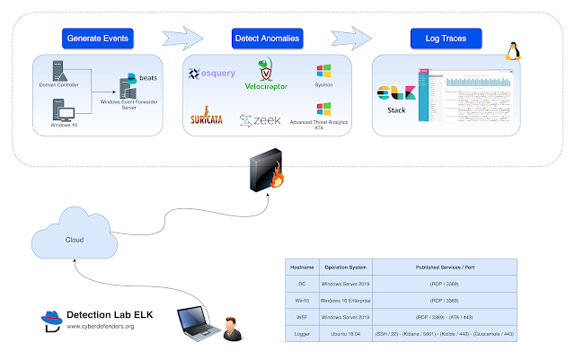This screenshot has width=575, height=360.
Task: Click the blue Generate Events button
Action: coord(101,39)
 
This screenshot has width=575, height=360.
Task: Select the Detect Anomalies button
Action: coord(267,39)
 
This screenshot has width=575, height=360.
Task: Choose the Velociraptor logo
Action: coord(266,75)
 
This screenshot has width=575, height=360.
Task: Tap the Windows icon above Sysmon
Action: coord(323,71)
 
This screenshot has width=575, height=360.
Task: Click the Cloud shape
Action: coord(75,239)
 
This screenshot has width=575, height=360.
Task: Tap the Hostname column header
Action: coord(303,267)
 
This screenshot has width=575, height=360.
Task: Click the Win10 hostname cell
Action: coord(303,299)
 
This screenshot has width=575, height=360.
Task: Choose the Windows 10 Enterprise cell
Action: coord(341,299)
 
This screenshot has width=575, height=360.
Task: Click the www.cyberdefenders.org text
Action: coord(101,327)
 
